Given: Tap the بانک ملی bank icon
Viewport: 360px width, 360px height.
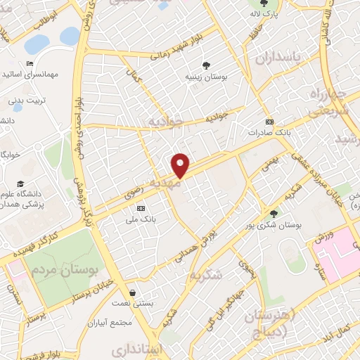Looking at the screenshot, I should [x=141, y=208].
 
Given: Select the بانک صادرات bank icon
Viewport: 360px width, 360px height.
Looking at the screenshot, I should [x=270, y=121].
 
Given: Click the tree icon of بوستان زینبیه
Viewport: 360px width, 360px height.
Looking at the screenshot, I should [x=206, y=65].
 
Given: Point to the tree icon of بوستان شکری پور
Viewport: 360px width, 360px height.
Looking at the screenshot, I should [x=274, y=214].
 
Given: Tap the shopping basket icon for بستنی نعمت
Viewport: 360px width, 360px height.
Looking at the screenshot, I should [x=133, y=292].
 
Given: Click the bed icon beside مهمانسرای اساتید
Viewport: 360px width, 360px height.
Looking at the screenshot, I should [x=30, y=64].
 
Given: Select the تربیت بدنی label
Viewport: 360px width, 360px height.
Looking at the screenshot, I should [x=26, y=100].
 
